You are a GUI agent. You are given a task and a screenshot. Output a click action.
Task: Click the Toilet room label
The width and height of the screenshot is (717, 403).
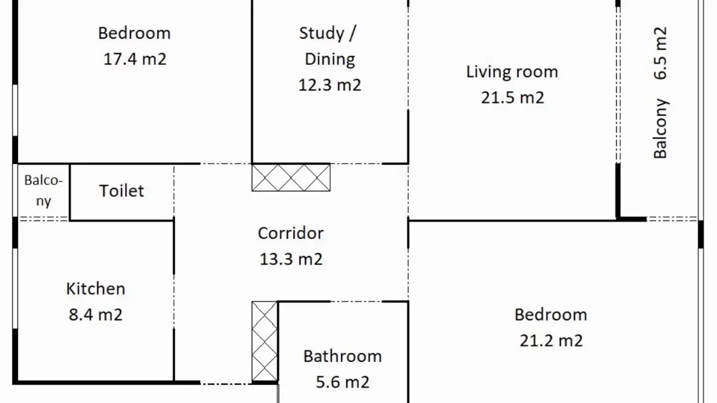coord(121,191)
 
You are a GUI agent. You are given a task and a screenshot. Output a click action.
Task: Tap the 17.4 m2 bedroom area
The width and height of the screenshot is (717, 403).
coord(135,59)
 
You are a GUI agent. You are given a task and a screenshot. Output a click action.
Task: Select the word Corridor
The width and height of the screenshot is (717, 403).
coord(291,233)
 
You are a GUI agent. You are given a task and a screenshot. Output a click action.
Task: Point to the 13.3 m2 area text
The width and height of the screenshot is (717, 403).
coord(291,259)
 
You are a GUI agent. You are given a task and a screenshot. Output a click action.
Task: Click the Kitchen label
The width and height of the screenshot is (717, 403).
coord(96,289)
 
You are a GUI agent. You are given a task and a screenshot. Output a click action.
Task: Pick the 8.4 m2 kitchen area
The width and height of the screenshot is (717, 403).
coord(96,315)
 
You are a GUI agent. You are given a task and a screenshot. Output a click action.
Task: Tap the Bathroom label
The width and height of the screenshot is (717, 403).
coord(343,356)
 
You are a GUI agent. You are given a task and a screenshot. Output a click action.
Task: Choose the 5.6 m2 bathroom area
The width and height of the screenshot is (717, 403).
coord(343,382)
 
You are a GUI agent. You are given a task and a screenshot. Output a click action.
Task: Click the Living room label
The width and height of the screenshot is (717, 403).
coord(512,72)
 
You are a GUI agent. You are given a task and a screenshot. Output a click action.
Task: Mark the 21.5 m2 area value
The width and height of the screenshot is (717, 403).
coord(512,98)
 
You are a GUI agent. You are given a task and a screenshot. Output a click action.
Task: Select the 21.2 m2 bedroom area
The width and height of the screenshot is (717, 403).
coord(551,341)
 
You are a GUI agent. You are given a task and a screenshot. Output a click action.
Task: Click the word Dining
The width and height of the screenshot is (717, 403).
coord(330,59)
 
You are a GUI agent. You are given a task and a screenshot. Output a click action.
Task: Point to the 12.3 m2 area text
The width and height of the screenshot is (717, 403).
coord(330,85)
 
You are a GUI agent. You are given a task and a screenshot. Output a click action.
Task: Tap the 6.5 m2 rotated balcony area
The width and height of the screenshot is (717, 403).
coord(660,53)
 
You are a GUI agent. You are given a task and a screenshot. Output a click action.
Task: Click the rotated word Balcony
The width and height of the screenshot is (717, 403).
coord(661,128)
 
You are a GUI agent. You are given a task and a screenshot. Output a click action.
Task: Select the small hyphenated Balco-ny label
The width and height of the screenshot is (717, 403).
coord(43,191)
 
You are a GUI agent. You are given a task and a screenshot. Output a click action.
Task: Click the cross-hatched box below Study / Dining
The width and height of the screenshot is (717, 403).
coord(291,178)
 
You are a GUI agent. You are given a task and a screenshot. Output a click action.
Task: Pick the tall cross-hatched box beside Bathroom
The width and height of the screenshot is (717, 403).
coord(264,341)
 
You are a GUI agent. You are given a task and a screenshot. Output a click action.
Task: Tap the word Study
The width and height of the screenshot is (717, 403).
coord(321,33)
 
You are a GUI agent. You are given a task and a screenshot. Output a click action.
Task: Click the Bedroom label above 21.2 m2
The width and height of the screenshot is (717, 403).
coord(551,314)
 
